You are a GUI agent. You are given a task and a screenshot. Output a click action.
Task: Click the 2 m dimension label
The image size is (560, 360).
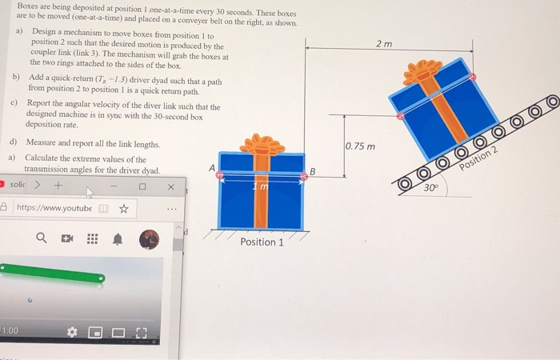click(385, 43)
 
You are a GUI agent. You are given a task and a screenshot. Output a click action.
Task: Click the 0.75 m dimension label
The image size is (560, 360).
click(360, 147)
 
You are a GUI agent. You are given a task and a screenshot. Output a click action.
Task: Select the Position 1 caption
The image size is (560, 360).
click(262, 242)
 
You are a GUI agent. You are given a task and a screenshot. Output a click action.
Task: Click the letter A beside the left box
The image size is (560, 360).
click(211, 167)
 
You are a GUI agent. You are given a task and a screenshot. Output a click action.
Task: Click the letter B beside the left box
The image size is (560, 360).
click(313, 170)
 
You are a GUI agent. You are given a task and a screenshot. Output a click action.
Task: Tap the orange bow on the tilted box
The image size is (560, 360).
click(422, 73)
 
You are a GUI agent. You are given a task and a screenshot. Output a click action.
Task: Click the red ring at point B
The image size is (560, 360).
click(303, 177)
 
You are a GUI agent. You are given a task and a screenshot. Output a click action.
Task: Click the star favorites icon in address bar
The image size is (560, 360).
click(124, 210)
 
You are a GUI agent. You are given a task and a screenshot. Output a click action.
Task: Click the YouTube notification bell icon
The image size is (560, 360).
click(117, 238)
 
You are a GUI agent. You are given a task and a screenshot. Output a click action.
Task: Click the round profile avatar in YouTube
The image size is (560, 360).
click(150, 238)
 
